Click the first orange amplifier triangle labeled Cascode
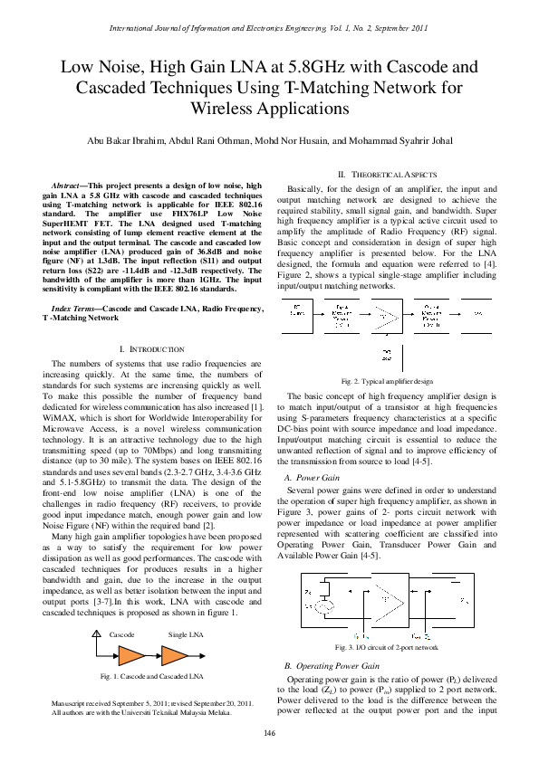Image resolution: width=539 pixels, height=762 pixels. pos(132,652)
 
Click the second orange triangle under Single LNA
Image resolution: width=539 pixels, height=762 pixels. pos(175,652)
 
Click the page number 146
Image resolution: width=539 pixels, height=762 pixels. pos(269,732)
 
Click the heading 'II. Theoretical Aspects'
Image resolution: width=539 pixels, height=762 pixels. pos(387,174)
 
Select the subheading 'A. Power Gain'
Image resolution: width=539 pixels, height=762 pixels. pos(312,477)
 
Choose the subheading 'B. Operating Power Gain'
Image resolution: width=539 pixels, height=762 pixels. pos(332,665)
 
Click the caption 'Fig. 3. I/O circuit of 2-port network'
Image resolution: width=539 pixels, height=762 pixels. pos(387,648)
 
